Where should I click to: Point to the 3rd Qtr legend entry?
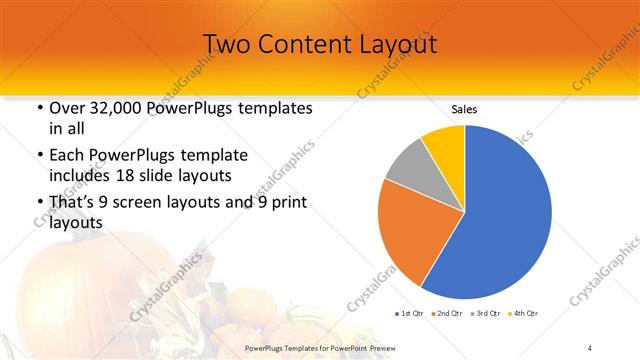click(486, 314)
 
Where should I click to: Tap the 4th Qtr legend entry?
click(523, 314)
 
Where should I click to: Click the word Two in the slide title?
click(228, 45)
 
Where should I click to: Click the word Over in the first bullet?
click(67, 107)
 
